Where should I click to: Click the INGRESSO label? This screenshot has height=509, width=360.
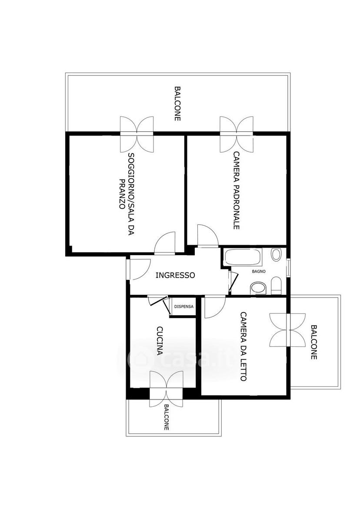pyautogui.click(x=175, y=275)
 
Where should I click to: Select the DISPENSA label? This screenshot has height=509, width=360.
pyautogui.click(x=184, y=306)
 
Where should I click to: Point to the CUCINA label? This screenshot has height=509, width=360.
pyautogui.click(x=160, y=340)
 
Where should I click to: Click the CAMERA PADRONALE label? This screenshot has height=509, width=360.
pyautogui.click(x=237, y=190)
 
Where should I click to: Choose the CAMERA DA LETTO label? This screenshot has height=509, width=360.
pyautogui.click(x=244, y=346)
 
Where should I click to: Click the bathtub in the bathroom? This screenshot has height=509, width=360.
pyautogui.click(x=243, y=257)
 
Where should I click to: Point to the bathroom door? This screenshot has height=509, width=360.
pyautogui.click(x=233, y=281)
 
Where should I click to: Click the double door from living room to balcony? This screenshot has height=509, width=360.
pyautogui.click(x=137, y=134)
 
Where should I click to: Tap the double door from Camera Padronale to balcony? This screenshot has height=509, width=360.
pyautogui.click(x=237, y=134)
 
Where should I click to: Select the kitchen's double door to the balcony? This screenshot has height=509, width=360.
pyautogui.click(x=166, y=389)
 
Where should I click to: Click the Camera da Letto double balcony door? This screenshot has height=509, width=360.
pyautogui.click(x=288, y=330)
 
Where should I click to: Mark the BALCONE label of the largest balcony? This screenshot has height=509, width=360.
pyautogui.click(x=177, y=103)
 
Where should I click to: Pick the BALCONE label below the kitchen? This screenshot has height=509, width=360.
pyautogui.click(x=167, y=417)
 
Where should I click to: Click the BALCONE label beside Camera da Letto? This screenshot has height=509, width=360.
pyautogui.click(x=313, y=342)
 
